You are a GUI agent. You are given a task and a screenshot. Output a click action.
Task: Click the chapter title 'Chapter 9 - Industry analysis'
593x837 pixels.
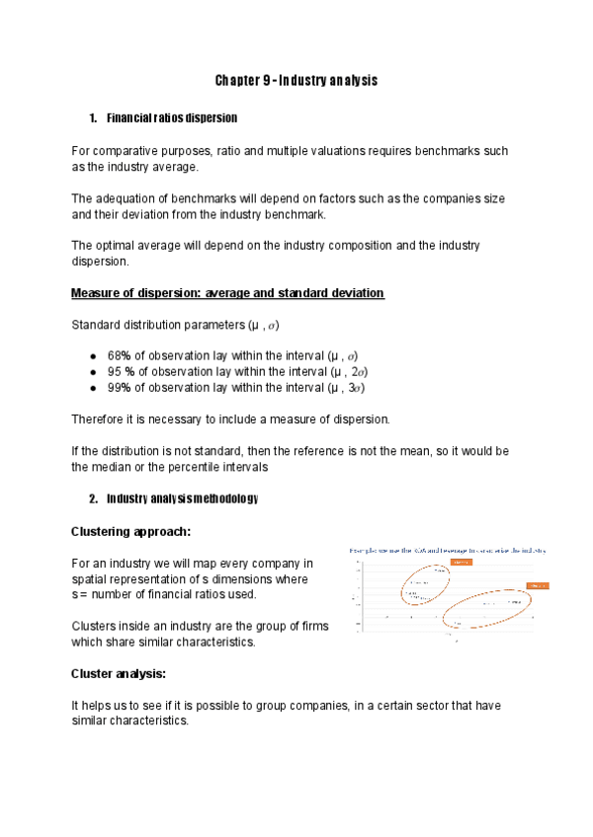tap(296, 80)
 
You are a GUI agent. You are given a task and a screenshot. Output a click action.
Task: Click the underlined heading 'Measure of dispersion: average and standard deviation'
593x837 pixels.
tap(227, 293)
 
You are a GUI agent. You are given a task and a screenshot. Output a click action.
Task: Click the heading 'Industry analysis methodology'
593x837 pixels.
tap(182, 498)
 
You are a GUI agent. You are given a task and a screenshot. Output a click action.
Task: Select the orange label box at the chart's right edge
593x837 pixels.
tap(538, 585)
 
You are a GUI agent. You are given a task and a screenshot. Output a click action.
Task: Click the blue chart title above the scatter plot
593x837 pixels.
tap(448, 550)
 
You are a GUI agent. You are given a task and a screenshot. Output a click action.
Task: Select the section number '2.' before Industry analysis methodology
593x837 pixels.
tap(93, 498)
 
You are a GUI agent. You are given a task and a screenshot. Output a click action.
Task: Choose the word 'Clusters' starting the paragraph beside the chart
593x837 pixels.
tap(96, 626)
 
